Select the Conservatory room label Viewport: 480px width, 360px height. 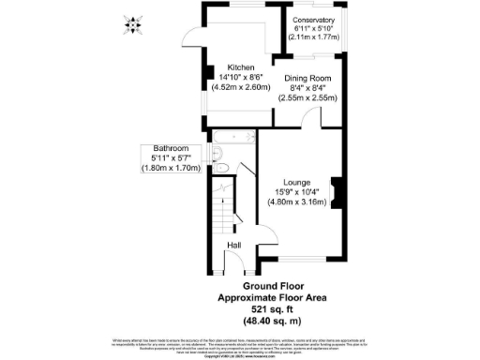312,21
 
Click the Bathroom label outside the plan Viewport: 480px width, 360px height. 172,149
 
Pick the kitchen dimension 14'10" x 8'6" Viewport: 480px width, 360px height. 242,78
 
